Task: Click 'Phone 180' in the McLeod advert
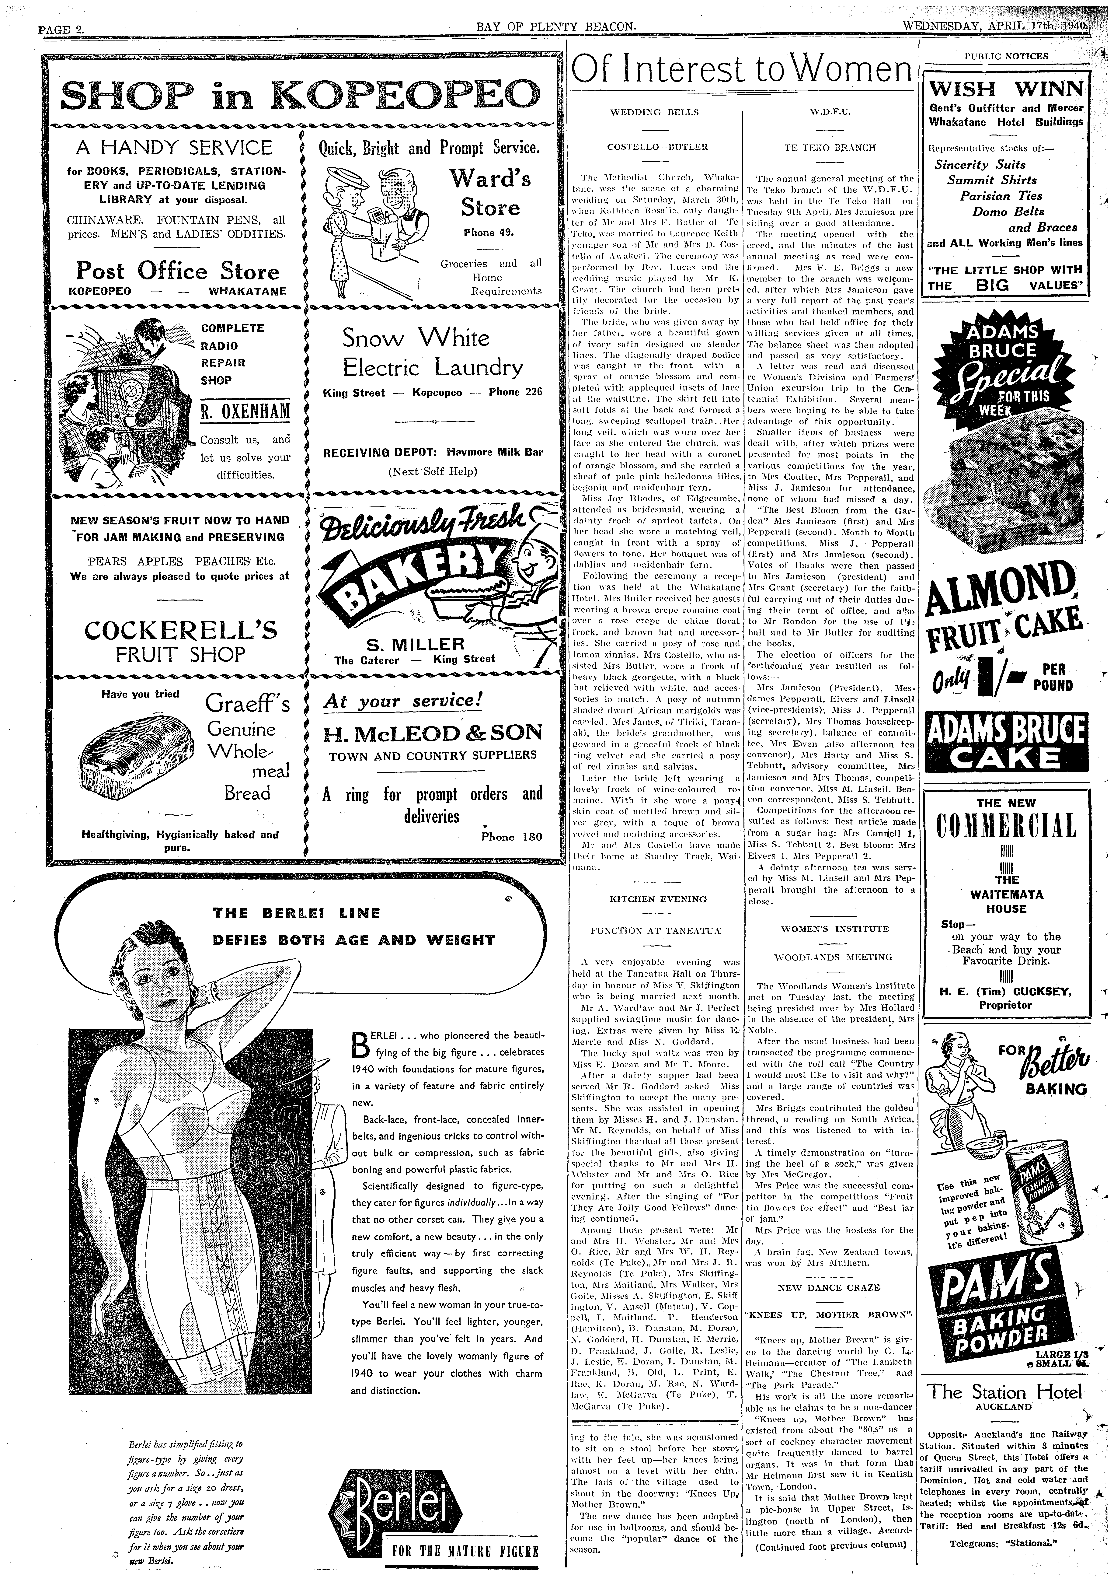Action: (x=512, y=837)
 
